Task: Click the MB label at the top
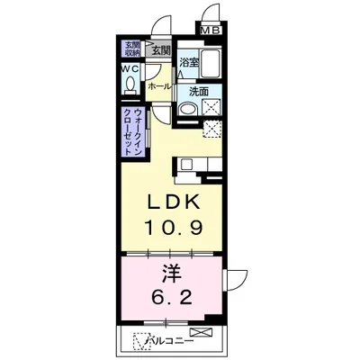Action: (x=209, y=31)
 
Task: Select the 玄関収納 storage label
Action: (x=131, y=49)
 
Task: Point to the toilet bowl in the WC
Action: (x=130, y=85)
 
